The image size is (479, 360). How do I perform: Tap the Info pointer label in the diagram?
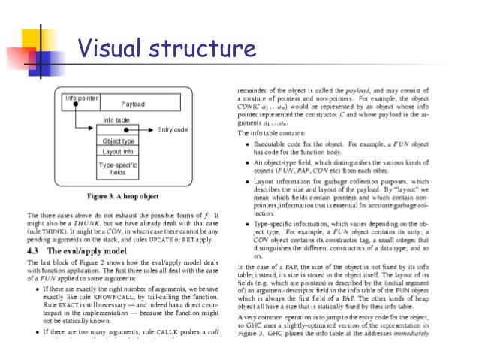click(x=82, y=98)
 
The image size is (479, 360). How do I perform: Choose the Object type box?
click(x=118, y=141)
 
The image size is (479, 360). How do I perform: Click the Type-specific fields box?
click(x=118, y=168)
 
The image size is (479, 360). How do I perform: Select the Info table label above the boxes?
click(x=118, y=120)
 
